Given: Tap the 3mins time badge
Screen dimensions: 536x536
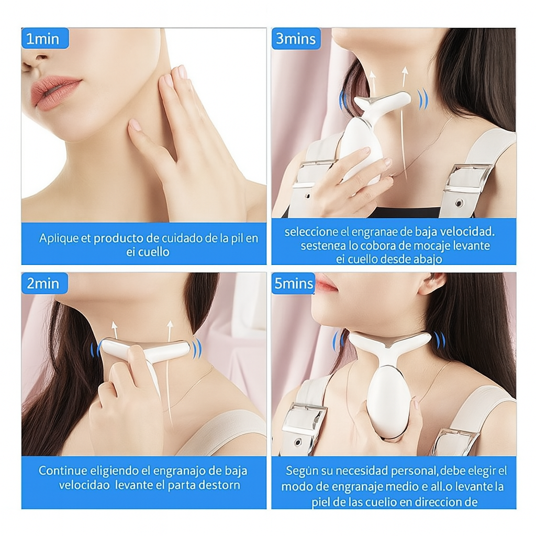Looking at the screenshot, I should (296, 39).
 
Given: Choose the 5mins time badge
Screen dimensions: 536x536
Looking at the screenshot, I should (293, 284).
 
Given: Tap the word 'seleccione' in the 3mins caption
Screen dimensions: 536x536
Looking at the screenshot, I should (308, 231).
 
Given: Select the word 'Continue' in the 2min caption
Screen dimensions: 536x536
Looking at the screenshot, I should (62, 471).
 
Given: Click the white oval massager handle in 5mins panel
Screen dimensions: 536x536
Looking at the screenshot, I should (388, 400).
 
